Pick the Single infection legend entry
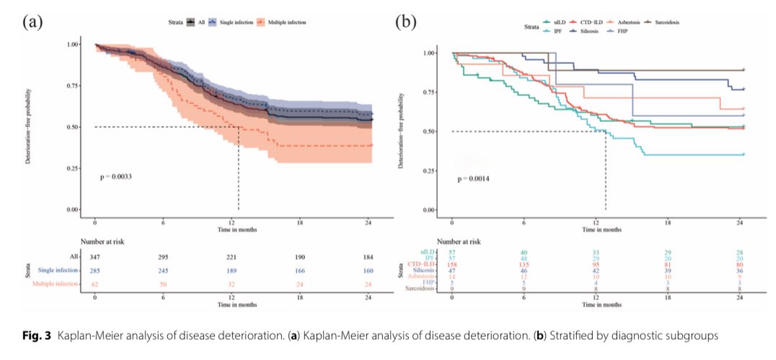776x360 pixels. pos(231,23)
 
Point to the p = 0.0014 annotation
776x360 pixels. pos(475,177)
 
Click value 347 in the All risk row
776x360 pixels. pos(94,257)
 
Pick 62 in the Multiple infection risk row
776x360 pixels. pos(94,286)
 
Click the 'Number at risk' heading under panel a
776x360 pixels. pos(103,242)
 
